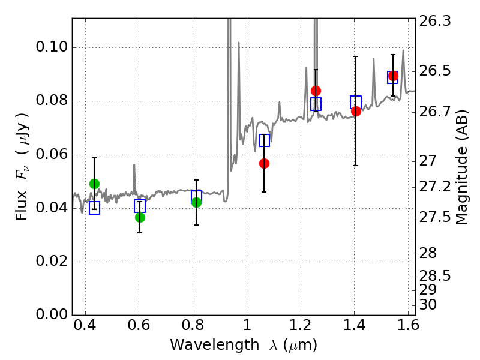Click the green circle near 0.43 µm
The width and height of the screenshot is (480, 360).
[x=95, y=184]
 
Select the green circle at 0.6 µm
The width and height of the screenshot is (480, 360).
[x=140, y=217]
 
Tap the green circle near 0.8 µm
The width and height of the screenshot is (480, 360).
[x=197, y=202]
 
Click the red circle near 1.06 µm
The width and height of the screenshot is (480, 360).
[x=264, y=163]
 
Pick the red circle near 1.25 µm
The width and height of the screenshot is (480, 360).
[x=316, y=91]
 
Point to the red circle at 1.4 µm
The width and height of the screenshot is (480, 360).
[x=356, y=112]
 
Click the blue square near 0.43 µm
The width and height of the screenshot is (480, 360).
[x=95, y=208]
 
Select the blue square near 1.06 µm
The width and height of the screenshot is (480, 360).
[x=264, y=140]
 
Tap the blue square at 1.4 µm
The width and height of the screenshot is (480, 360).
[x=356, y=102]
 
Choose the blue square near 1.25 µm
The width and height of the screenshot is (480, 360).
[x=316, y=104]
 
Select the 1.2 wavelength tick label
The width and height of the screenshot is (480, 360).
[x=301, y=325]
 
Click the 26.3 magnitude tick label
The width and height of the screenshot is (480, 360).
[x=434, y=22]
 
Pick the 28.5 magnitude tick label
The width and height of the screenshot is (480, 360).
[x=434, y=276]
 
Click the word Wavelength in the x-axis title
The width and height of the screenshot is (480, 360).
[x=214, y=345]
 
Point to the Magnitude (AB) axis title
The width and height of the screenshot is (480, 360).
[x=461, y=167]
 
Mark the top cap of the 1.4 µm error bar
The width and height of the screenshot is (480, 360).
[x=356, y=56]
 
